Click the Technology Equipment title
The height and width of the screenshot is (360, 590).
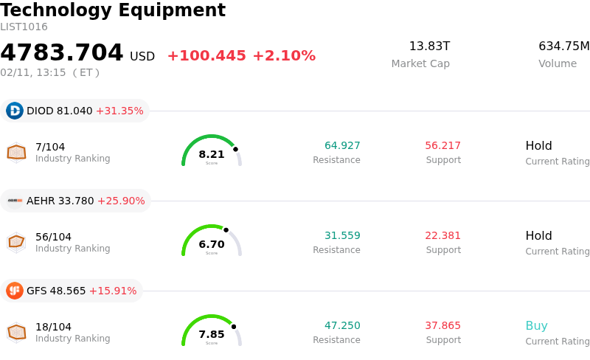(x=113, y=10)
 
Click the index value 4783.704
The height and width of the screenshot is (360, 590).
(x=62, y=53)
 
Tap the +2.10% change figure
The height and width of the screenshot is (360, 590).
(x=284, y=56)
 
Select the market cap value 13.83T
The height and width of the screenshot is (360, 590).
(x=429, y=46)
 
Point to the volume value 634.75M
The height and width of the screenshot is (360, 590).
(x=563, y=46)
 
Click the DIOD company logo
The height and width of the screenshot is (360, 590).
(x=15, y=111)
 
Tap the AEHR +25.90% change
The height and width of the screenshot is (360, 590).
(x=121, y=201)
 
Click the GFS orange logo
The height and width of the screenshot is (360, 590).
(x=15, y=291)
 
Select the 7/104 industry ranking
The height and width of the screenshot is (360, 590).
(x=50, y=146)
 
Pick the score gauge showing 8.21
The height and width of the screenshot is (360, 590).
(x=212, y=150)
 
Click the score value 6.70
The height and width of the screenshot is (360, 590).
(x=212, y=244)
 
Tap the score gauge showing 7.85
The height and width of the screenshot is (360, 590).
(x=212, y=330)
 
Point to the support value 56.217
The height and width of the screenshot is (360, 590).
(x=442, y=145)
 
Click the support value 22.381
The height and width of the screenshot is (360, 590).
(x=442, y=235)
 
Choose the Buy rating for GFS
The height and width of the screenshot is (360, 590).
(x=536, y=326)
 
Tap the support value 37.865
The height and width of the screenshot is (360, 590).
(x=442, y=326)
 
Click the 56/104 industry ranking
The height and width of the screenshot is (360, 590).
(x=53, y=237)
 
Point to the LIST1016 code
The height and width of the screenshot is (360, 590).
(x=24, y=27)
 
